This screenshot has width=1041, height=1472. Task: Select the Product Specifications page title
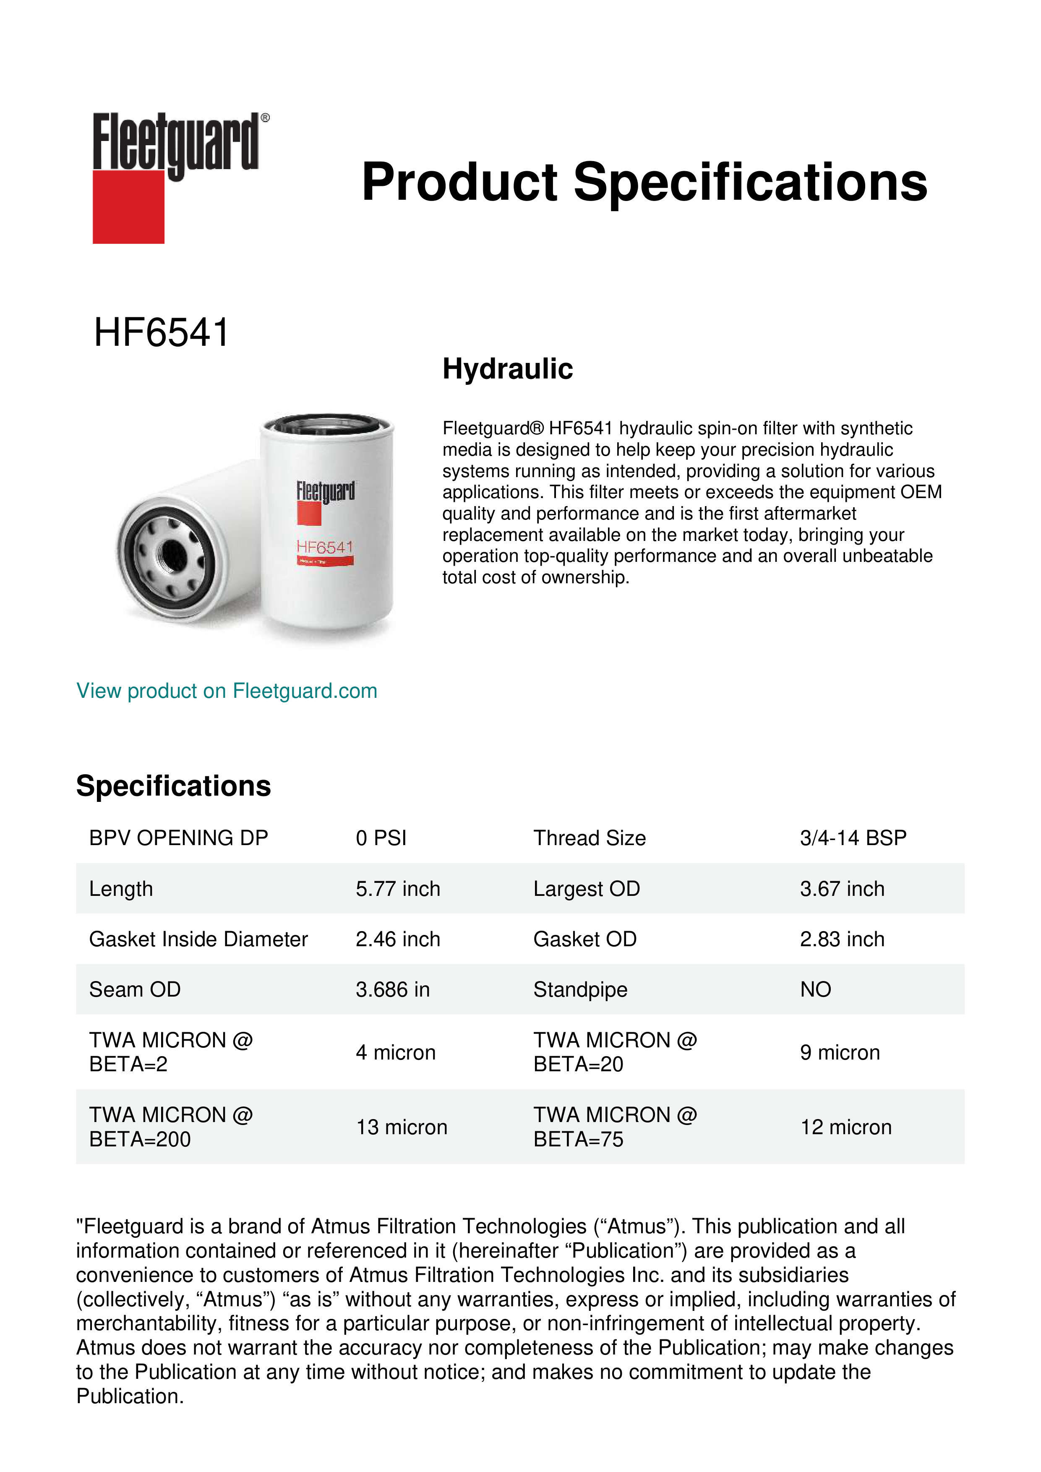(644, 182)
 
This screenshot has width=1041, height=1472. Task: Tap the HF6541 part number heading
(162, 333)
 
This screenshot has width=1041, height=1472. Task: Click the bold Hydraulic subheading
(508, 369)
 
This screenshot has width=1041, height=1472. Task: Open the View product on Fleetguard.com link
(227, 691)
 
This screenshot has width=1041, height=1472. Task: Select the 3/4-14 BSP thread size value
(853, 838)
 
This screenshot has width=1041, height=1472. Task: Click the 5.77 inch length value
(397, 889)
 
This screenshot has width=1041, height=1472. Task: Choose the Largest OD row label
(587, 889)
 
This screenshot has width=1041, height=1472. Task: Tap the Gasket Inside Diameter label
(198, 939)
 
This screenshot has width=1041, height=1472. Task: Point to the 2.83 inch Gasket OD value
(842, 939)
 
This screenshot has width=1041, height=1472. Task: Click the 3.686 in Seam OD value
(392, 989)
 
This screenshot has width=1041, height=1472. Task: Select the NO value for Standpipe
(815, 989)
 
